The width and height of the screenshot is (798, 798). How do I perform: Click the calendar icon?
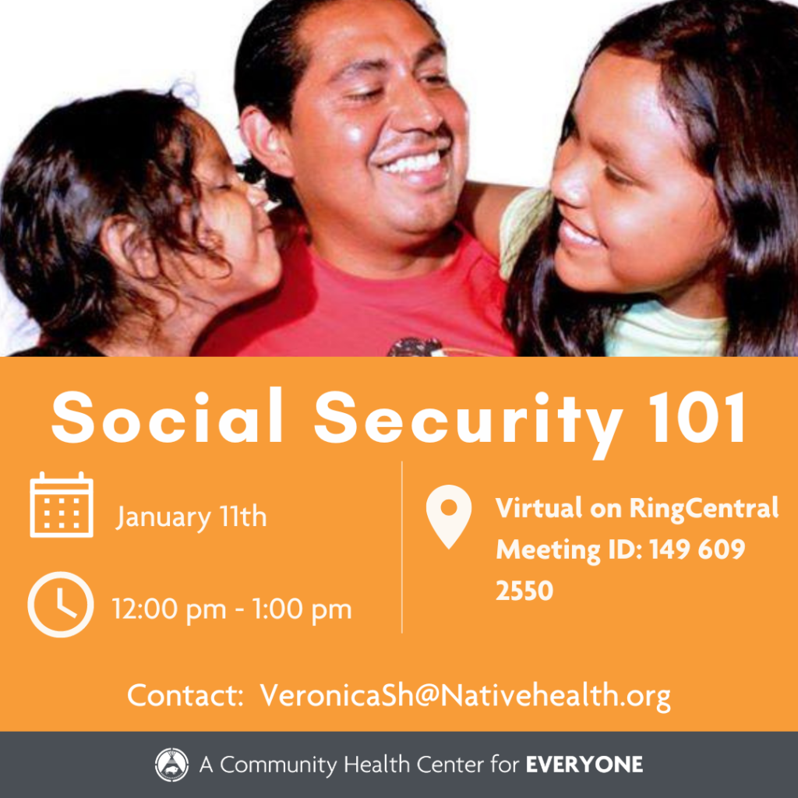[62, 505]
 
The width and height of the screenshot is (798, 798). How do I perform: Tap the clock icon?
[60, 605]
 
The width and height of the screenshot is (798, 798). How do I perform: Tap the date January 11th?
[192, 517]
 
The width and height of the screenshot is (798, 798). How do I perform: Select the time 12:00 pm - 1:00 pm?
[231, 609]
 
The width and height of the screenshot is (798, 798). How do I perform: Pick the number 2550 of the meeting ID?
[524, 591]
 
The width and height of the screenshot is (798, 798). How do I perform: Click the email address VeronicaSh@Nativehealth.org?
[464, 695]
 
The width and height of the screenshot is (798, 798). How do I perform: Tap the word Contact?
[185, 695]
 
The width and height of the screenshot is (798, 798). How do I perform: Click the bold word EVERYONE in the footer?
[584, 764]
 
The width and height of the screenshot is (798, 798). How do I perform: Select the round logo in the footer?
[171, 764]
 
